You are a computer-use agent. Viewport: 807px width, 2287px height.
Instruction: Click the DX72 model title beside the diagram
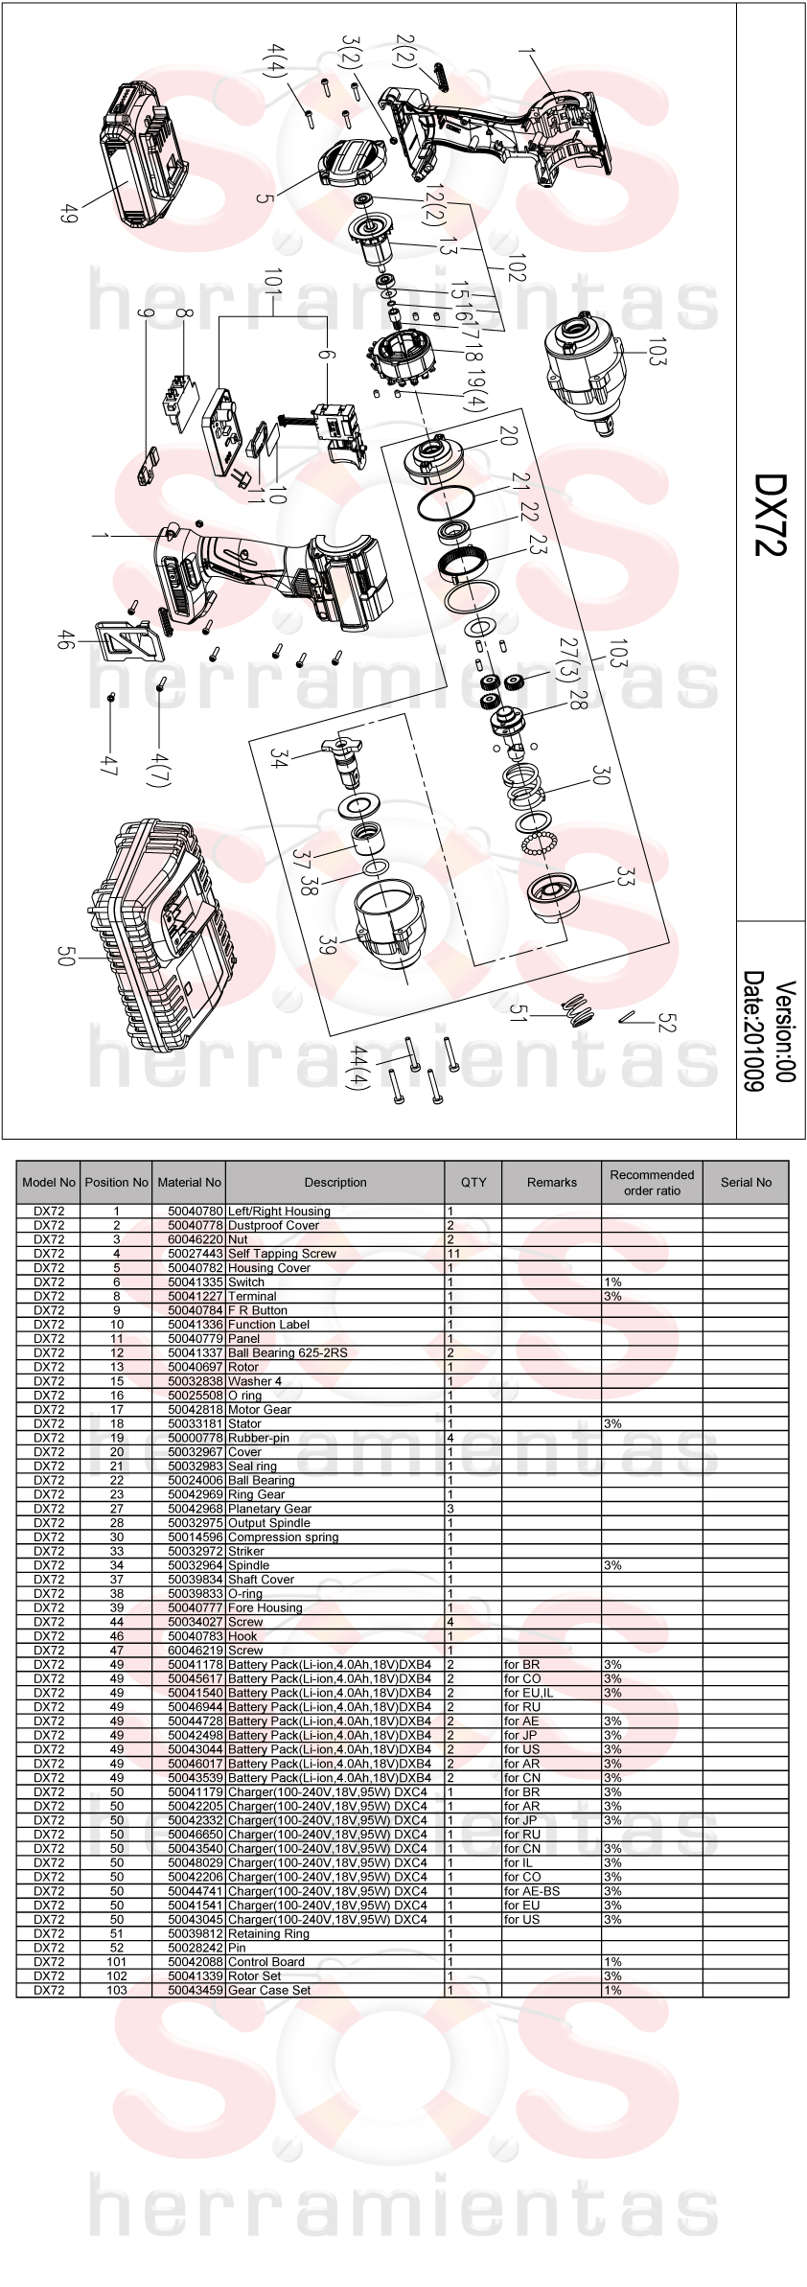click(771, 514)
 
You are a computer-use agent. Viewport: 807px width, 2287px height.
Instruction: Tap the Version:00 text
click(786, 1031)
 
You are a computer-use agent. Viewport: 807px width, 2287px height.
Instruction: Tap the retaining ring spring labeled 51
click(576, 1007)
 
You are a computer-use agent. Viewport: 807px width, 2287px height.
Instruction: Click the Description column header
click(335, 1182)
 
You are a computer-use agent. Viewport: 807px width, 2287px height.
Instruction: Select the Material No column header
click(190, 1182)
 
